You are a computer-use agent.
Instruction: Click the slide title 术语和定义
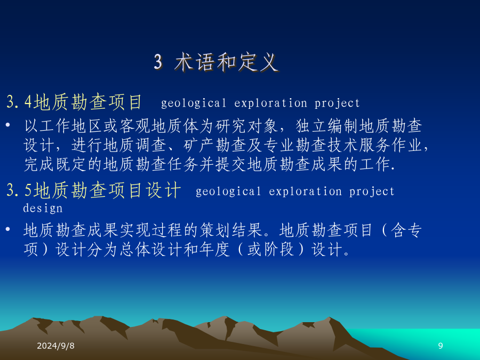click(227, 62)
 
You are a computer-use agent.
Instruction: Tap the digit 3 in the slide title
click(158, 62)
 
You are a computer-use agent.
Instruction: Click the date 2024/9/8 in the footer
click(55, 346)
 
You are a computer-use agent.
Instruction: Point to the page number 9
click(441, 346)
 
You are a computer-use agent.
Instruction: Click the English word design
click(43, 209)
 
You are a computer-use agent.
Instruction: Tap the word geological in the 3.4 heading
click(194, 103)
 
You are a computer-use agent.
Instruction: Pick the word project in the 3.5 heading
click(372, 192)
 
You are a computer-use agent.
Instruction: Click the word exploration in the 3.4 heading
click(270, 103)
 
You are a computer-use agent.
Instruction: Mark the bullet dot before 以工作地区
click(8, 125)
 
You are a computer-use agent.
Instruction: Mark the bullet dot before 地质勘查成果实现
click(8, 229)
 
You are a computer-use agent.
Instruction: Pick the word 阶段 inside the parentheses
click(279, 250)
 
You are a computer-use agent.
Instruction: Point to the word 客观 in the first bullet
click(135, 126)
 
